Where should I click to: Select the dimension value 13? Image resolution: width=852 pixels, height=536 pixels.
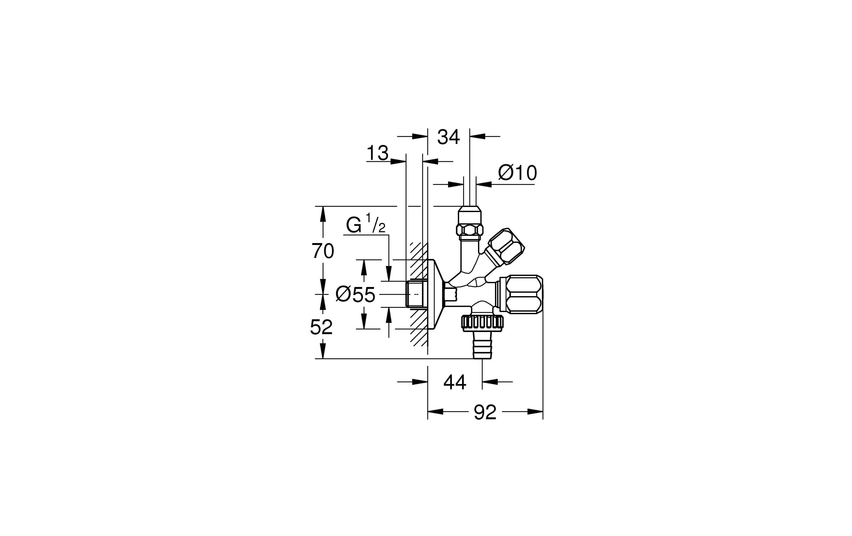377,154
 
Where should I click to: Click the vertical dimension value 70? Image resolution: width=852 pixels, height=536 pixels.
322,251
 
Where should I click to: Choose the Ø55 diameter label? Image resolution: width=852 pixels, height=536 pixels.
355,294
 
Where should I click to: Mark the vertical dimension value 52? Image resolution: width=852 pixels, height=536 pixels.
321,327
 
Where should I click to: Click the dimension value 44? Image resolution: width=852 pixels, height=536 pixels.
455,382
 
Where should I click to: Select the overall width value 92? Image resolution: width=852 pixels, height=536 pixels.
485,412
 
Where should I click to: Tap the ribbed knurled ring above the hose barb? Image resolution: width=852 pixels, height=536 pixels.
482,322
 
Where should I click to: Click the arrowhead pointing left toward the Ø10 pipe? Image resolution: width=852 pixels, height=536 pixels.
485,184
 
